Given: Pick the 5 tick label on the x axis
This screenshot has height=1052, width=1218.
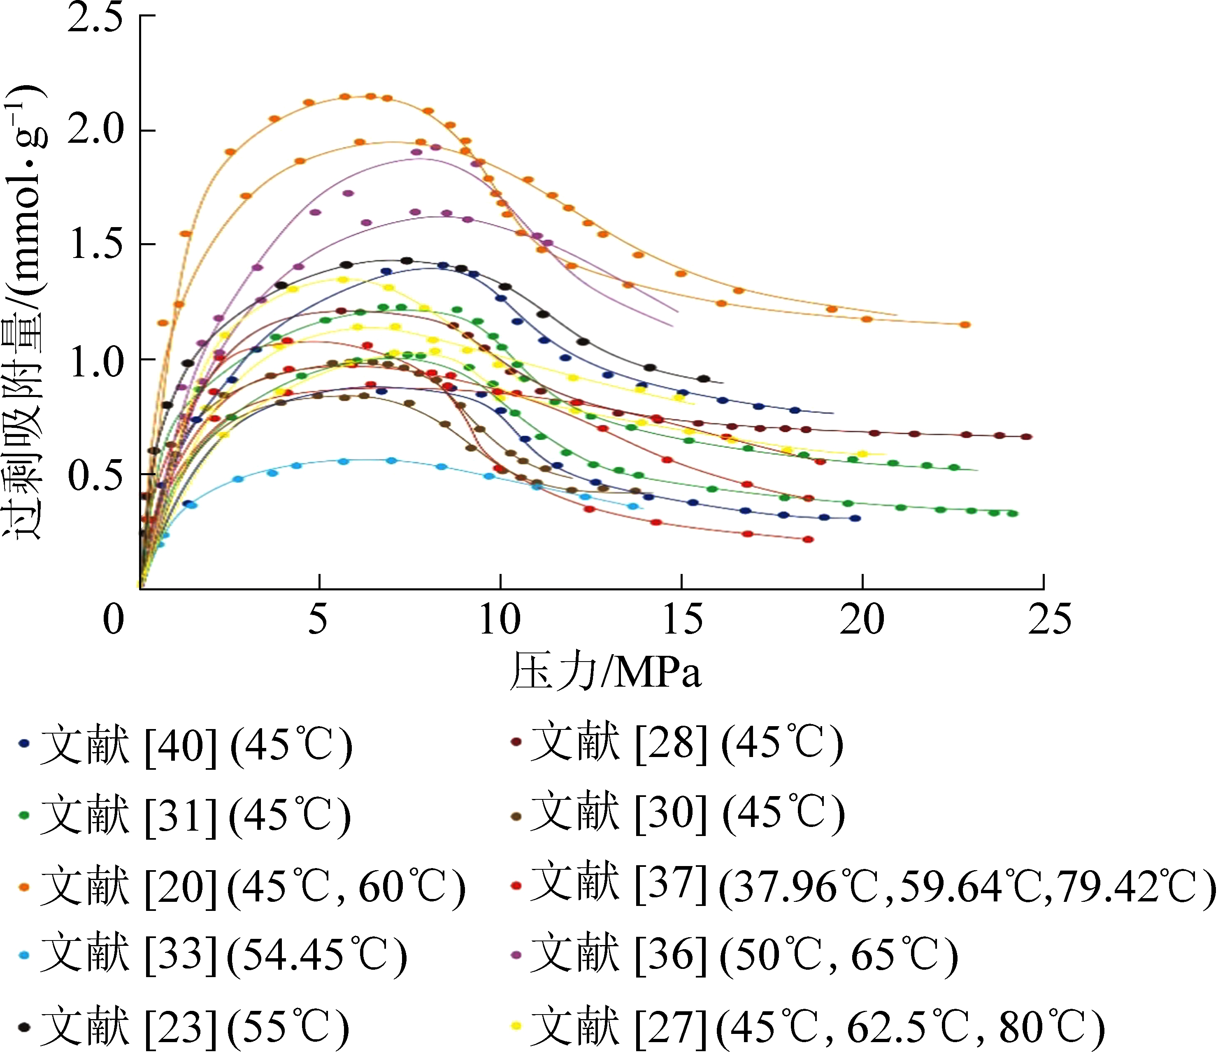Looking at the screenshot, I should tap(318, 619).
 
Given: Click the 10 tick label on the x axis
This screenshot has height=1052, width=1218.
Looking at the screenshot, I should tap(500, 619).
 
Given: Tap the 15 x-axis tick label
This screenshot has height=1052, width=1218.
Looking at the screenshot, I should tap(682, 619).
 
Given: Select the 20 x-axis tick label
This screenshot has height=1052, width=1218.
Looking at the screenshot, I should tap(862, 619).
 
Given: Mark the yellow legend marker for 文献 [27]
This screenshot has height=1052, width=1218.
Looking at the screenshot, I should tap(516, 1026).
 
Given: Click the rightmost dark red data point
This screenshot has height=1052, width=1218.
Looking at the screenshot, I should tap(1026, 437).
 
